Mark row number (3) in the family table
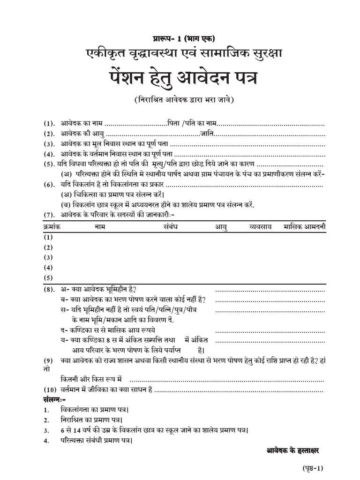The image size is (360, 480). (x=48, y=257)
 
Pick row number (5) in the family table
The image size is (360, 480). (x=48, y=277)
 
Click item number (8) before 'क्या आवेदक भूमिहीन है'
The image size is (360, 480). (x=49, y=290)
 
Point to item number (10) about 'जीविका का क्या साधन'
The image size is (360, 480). (x=51, y=390)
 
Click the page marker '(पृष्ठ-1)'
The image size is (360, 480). (x=311, y=468)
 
